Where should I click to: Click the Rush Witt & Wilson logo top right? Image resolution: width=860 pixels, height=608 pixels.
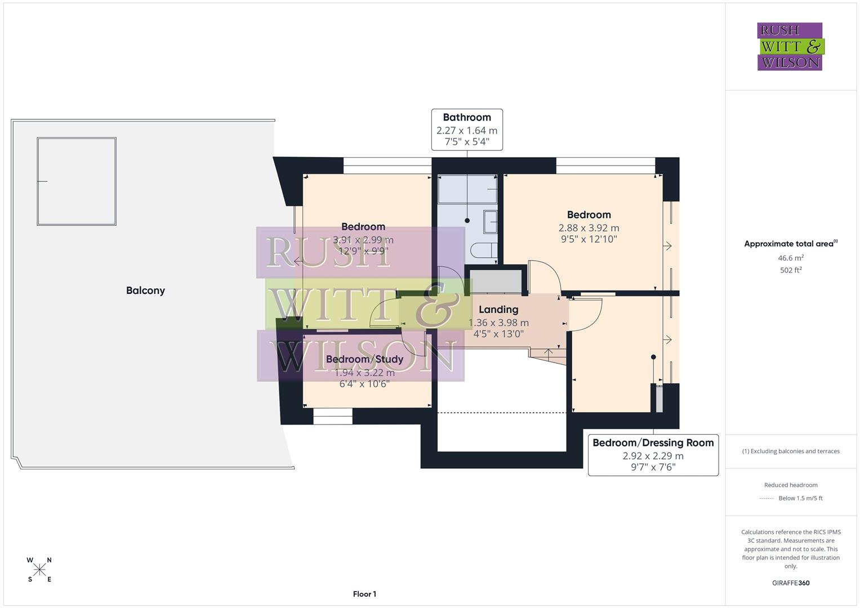790,47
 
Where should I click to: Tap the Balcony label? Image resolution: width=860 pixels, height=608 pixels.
145,290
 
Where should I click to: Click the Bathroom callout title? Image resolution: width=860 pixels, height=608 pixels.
466,117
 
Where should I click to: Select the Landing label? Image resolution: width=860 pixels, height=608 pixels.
498,309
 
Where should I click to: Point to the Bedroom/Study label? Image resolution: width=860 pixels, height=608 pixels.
364,359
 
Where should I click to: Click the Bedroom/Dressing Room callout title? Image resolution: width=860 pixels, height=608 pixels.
653,442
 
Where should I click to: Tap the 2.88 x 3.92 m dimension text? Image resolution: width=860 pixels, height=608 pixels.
589,228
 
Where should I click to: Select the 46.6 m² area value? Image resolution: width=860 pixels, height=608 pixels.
791,258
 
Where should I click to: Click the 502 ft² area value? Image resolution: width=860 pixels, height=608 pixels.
791,270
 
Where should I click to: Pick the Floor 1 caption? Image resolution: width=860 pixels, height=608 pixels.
364,594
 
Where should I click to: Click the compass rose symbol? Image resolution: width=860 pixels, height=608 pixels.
39,570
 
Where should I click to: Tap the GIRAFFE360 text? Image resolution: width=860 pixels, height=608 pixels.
791,583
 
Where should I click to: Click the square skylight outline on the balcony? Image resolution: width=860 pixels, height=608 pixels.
77,181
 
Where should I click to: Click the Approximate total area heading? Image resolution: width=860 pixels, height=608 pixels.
791,244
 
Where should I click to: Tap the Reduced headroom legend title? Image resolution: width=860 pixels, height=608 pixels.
791,485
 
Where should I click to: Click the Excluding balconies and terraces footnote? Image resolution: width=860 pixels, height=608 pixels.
791,451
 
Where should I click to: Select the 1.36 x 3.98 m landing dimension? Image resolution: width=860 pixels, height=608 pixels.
498,323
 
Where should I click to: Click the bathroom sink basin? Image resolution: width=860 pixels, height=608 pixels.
491,222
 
